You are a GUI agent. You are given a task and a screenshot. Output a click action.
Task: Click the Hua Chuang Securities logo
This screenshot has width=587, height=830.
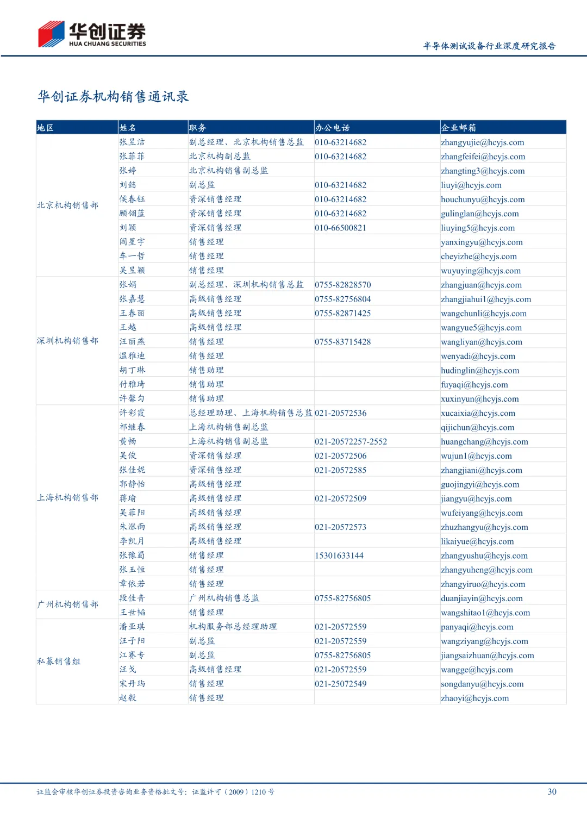point(92,34)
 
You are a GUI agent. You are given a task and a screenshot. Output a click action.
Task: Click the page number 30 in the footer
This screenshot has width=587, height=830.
point(552,791)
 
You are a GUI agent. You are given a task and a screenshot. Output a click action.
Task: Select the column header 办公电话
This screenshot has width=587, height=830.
point(332,128)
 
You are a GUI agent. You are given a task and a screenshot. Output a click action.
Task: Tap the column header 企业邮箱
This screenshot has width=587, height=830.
point(458,128)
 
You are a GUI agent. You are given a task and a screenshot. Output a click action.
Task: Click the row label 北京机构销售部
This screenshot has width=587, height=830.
point(68,205)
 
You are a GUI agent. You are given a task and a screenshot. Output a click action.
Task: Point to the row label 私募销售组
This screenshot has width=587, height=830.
point(59,661)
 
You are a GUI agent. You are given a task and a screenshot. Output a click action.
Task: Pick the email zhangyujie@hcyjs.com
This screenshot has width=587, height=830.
point(483,142)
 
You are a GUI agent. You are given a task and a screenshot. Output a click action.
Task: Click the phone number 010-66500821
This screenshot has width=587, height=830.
point(340,228)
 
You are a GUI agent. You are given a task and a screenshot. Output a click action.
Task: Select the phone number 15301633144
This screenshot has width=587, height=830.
point(339,556)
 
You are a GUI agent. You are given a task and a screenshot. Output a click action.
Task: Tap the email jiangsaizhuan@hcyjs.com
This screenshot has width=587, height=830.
point(488,656)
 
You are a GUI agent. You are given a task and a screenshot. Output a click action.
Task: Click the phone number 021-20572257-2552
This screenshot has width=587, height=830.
point(351,441)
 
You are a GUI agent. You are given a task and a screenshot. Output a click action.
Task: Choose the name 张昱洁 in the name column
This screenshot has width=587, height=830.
point(132,142)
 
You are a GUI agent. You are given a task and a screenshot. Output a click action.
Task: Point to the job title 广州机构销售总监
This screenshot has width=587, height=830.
point(224,598)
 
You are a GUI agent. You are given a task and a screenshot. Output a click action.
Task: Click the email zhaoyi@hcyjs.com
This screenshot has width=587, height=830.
point(475,698)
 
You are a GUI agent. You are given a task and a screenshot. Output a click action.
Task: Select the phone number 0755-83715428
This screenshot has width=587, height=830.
point(342,342)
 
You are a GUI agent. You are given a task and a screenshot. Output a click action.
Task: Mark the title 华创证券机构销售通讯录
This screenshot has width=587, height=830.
point(113,97)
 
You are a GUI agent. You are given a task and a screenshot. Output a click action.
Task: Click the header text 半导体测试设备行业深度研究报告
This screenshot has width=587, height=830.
point(489,46)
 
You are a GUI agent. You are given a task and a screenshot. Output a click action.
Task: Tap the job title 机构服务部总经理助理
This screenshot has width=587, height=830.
point(233,627)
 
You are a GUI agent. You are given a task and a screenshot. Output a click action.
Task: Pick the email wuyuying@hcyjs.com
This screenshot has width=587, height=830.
point(480,271)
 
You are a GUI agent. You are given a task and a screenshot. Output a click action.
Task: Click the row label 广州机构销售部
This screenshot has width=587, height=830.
point(68,604)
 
